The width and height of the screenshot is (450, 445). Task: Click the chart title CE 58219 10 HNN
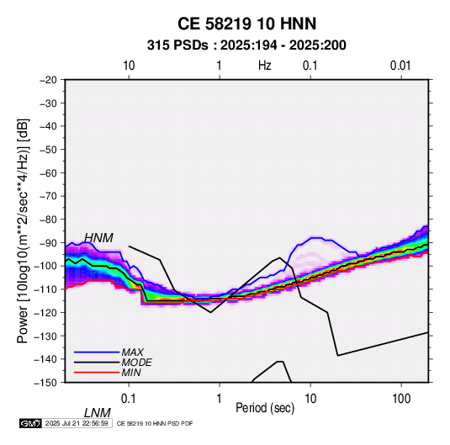click(246, 24)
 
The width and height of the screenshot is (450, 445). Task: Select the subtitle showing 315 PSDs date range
click(246, 45)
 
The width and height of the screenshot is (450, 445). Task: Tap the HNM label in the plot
click(98, 238)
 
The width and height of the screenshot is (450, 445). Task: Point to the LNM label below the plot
click(98, 413)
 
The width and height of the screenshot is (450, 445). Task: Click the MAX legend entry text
click(132, 352)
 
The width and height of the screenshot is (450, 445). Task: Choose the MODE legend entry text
click(136, 363)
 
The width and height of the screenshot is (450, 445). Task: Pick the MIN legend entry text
click(131, 373)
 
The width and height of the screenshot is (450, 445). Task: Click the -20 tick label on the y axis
click(48, 80)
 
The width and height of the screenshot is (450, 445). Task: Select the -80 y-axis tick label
click(48, 220)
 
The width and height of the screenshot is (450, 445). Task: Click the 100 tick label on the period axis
click(400, 399)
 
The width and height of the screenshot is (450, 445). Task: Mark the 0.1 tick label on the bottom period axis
click(129, 399)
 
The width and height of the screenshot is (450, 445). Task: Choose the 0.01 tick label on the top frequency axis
click(400, 66)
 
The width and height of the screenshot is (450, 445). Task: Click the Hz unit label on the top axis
click(265, 66)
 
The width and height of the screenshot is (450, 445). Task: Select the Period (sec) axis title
click(265, 408)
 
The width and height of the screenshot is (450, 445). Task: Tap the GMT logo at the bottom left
click(30, 423)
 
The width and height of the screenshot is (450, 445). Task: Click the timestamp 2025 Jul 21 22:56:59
click(77, 423)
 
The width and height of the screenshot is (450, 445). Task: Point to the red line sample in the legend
click(97, 373)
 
